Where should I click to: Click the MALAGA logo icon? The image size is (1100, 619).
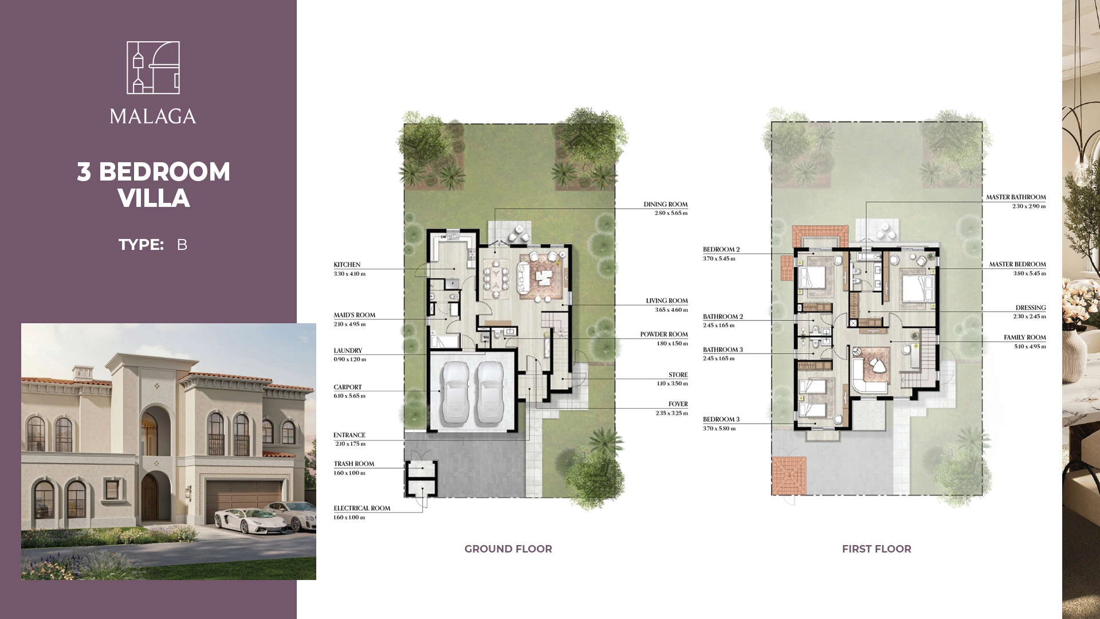click(x=153, y=68)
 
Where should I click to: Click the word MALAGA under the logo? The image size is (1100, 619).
click(x=153, y=116)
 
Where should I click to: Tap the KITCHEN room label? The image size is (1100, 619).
click(x=347, y=265)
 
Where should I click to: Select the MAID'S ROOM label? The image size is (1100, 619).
click(x=355, y=315)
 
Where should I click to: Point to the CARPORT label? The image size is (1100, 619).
click(x=348, y=387)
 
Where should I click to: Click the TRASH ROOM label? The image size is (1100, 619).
click(x=354, y=464)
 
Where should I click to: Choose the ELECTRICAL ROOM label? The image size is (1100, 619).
click(x=362, y=508)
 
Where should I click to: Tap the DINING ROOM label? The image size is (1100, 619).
click(x=666, y=205)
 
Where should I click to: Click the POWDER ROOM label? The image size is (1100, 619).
click(x=664, y=335)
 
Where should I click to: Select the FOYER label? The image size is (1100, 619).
click(x=678, y=404)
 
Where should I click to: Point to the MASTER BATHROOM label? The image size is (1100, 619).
click(x=1016, y=197)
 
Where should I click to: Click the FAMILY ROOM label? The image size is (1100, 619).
click(x=1025, y=338)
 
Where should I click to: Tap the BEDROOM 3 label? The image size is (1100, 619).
click(x=721, y=420)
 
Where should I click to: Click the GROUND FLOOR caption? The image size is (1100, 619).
click(x=508, y=549)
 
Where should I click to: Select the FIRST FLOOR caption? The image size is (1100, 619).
click(x=877, y=549)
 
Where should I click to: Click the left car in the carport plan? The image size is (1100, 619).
click(x=457, y=391)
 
